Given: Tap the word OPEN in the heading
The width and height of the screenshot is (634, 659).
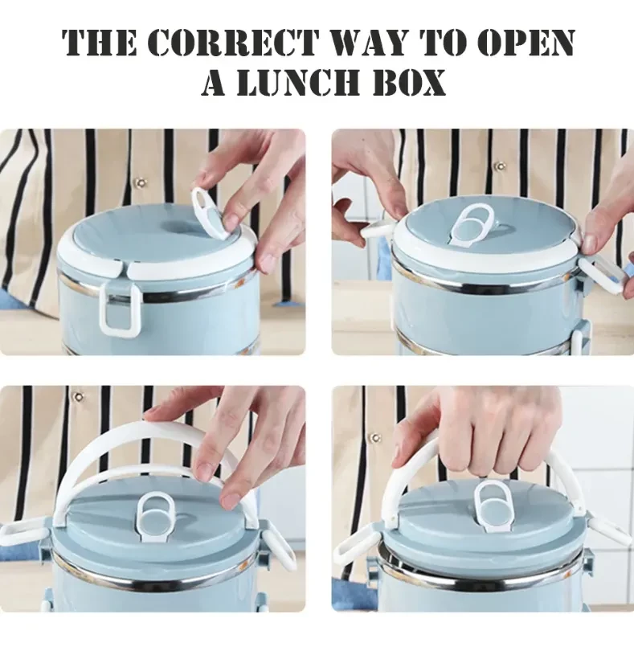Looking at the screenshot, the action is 527,42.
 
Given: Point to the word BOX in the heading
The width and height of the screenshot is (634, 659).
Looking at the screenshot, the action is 410,82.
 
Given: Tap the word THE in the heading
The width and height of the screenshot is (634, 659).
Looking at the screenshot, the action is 99,42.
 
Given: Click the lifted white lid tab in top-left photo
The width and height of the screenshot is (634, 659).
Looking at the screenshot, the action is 209,214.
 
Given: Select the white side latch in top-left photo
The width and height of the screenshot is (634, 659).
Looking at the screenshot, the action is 119,311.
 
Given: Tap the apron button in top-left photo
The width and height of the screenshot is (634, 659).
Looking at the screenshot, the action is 140,182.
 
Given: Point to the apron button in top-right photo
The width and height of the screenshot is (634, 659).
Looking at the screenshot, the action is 499,166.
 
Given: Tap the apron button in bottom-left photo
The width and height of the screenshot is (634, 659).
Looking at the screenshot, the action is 78,396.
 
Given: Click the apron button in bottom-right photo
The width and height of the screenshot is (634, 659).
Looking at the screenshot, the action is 374,438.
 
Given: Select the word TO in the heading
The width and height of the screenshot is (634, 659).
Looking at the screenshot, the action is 444,42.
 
